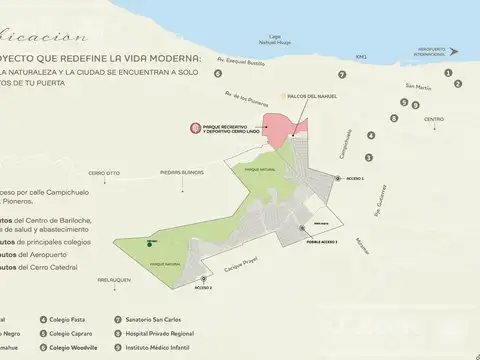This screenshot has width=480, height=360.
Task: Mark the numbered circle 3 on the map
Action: [x=369, y=157]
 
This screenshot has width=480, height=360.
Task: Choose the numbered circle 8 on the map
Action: [x=394, y=118]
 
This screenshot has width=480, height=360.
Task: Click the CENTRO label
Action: [x=433, y=119]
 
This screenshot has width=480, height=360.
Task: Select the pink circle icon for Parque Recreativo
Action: [x=196, y=129]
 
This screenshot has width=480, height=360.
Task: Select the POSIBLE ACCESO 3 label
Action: [x=322, y=241]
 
